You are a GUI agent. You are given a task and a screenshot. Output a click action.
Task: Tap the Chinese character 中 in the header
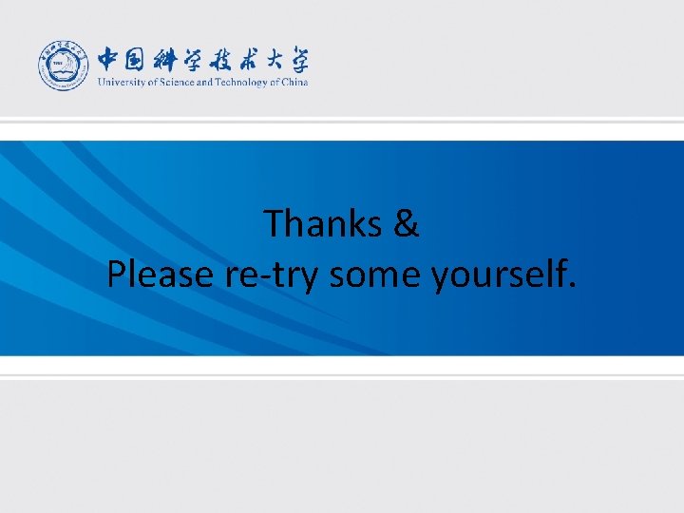pyautogui.click(x=111, y=60)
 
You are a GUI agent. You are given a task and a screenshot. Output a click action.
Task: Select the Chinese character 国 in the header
pyautogui.click(x=139, y=60)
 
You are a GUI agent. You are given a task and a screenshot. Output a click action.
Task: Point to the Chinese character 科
pyautogui.click(x=172, y=60)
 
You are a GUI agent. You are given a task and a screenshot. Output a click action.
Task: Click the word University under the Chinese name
pyautogui.click(x=117, y=83)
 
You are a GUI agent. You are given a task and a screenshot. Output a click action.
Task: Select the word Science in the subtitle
pyautogui.click(x=171, y=83)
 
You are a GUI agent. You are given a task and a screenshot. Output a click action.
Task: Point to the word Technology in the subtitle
pyautogui.click(x=237, y=83)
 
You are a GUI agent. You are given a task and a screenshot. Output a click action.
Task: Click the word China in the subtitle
pyautogui.click(x=295, y=83)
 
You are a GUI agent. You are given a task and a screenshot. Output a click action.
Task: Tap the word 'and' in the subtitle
pyautogui.click(x=203, y=83)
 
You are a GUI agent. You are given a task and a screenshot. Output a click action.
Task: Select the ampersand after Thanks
pyautogui.click(x=405, y=224)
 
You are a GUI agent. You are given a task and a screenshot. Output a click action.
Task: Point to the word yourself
pyautogui.click(x=497, y=276)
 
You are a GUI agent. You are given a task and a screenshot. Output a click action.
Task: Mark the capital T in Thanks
pyautogui.click(x=275, y=224)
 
